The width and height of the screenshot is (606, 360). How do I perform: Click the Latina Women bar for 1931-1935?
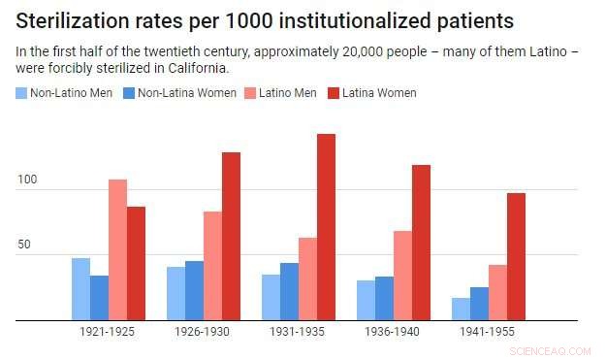click(326, 227)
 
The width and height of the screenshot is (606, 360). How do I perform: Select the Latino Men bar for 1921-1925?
click(117, 249)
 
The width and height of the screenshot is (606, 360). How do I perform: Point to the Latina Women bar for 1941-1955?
click(516, 256)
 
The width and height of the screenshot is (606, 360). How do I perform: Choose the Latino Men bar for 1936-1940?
click(402, 276)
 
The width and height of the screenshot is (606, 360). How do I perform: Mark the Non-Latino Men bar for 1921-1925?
click(80, 289)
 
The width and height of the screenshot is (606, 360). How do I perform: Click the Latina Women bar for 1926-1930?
click(231, 236)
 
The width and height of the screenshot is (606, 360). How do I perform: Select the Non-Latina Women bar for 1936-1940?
click(384, 298)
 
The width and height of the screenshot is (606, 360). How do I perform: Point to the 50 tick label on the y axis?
click(27, 245)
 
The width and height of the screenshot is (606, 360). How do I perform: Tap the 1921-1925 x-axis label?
click(108, 332)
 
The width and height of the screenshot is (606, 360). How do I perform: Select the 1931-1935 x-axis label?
click(298, 332)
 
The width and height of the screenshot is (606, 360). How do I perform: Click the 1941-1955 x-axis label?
click(488, 332)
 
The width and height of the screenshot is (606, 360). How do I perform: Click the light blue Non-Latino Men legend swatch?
click(21, 93)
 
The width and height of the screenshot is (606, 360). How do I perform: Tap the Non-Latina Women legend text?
click(182, 93)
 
